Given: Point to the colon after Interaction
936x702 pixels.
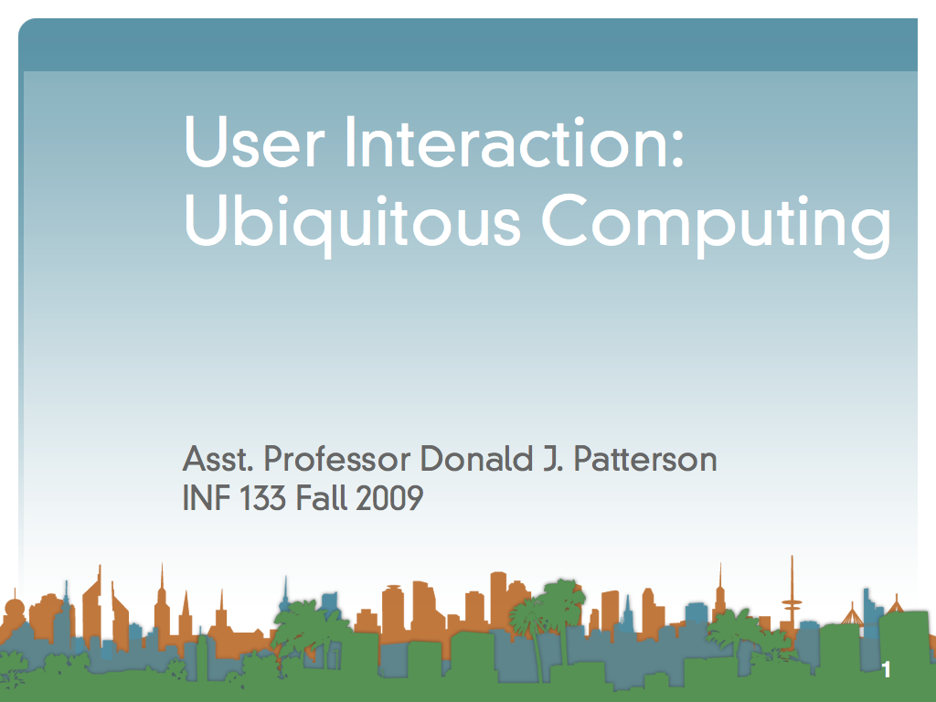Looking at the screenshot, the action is [676, 148].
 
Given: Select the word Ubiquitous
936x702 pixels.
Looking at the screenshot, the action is [353, 222].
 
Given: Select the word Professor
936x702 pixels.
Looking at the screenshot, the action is [337, 459].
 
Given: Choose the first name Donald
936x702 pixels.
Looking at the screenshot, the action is [476, 459].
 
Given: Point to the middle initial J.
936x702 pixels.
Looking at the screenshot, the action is [553, 459].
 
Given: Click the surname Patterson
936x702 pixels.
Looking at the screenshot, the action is [645, 459].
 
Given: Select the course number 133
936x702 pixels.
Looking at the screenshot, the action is [262, 498].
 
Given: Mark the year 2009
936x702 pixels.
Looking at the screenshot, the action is [389, 498].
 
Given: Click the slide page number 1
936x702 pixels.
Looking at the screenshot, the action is [887, 669].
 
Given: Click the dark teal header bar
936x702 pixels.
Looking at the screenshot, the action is [468, 45].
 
